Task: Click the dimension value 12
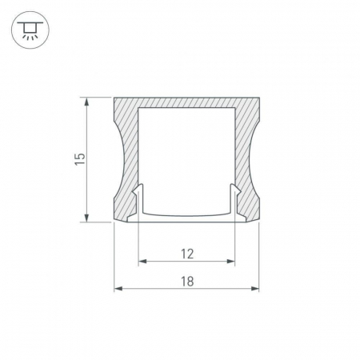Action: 187,254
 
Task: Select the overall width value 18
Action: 187,282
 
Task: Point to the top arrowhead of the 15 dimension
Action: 85,102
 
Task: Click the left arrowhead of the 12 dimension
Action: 142,261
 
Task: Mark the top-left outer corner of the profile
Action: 115,98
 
